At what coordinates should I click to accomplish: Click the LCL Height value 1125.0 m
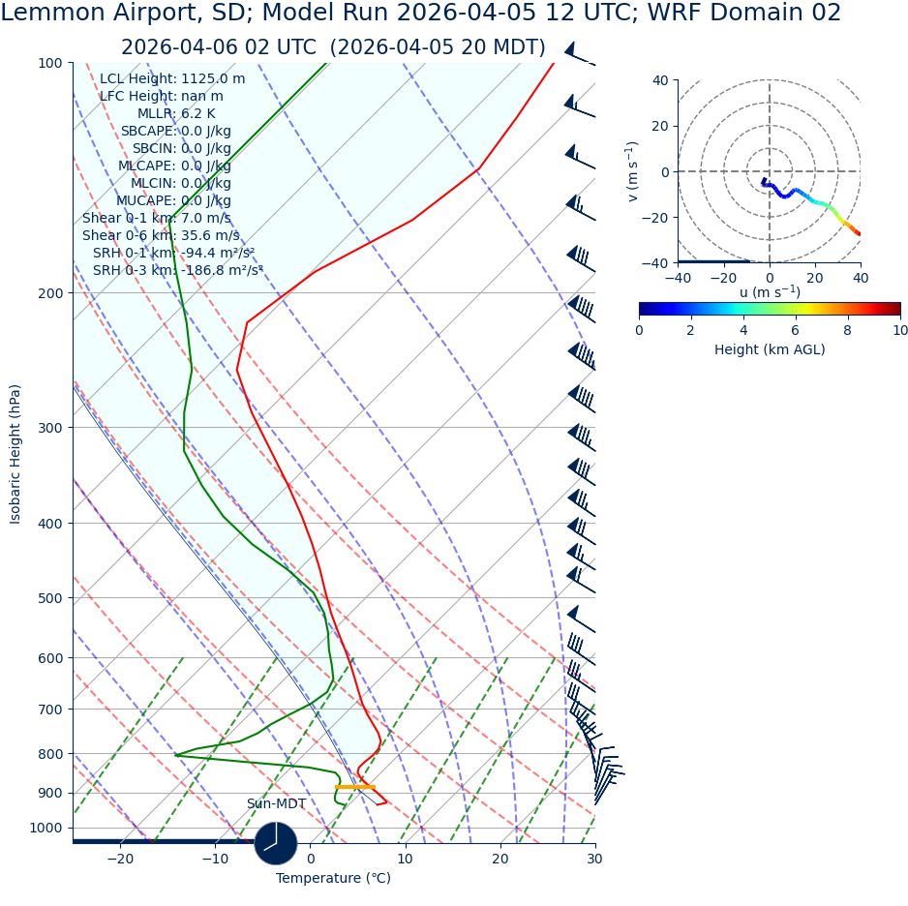pos(213,79)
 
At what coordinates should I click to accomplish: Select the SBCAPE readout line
pos(175,132)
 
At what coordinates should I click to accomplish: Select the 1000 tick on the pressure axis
pos(45,829)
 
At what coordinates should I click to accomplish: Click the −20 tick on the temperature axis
pos(120,859)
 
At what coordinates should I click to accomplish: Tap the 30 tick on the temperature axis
pos(594,859)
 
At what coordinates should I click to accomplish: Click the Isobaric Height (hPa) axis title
pos(15,454)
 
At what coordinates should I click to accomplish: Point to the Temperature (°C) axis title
pos(333,879)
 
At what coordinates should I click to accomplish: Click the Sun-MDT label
pos(276,804)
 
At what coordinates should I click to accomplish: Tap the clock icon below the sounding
pos(276,843)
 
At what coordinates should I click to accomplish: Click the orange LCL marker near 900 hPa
pos(354,787)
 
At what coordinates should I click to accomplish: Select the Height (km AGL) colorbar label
pos(770,350)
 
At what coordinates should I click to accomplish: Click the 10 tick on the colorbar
pos(900,331)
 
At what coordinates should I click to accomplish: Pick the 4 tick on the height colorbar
pos(743,331)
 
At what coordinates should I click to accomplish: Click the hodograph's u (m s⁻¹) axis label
pos(770,292)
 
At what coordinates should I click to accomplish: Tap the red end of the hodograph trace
pos(858,233)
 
